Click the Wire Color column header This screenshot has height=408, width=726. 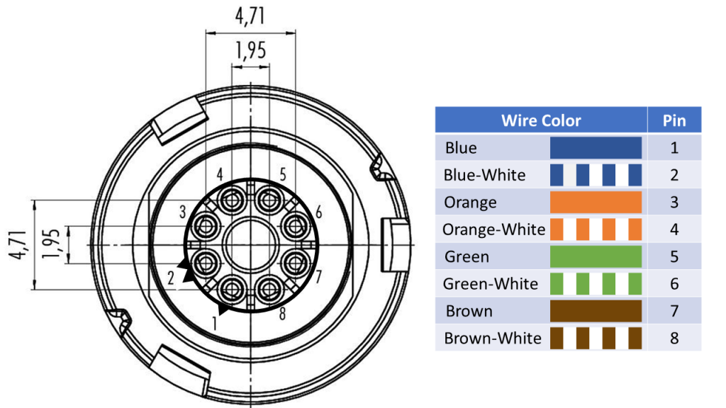click(x=540, y=120)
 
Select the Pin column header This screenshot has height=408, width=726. click(x=674, y=120)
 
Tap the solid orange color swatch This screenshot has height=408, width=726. click(x=596, y=203)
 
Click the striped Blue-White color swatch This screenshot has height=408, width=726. click(x=596, y=175)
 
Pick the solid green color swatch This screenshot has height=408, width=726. click(x=596, y=256)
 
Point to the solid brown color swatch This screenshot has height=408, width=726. click(x=596, y=311)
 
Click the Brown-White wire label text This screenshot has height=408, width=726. click(x=492, y=339)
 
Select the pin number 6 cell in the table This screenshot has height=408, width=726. click(x=674, y=284)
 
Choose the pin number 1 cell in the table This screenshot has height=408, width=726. click(x=674, y=148)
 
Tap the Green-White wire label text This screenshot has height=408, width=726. click(x=491, y=284)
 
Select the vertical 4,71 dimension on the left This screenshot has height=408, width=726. click(x=18, y=245)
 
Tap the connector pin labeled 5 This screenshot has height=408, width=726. click(x=269, y=201)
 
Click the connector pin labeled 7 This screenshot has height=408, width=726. click(x=294, y=263)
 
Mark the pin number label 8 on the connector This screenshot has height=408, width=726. click(x=282, y=314)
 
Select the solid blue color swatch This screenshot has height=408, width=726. click(x=596, y=148)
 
